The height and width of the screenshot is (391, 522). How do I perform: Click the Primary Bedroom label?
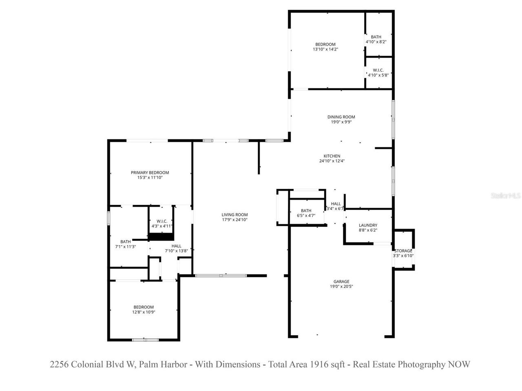tap(150, 172)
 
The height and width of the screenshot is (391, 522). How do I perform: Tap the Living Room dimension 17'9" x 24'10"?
tap(234, 220)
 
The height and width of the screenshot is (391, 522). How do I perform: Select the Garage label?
tap(341, 281)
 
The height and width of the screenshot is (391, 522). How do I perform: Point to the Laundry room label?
tap(368, 225)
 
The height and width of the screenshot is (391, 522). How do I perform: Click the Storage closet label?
tap(403, 250)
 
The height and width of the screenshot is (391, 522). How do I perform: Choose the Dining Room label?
tap(341, 117)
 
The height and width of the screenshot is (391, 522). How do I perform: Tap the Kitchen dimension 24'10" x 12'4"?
tap(332, 161)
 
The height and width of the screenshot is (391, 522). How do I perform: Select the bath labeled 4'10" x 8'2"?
tap(376, 37)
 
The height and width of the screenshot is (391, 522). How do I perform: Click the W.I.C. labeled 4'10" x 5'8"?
tap(378, 70)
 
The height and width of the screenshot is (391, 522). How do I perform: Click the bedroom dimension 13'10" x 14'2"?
tap(325, 49)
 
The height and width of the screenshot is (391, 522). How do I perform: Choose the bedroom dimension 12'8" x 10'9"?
tap(144, 312)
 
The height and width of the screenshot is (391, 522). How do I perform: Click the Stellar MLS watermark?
tap(506, 196)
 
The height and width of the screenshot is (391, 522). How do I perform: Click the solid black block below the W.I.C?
tap(161, 237)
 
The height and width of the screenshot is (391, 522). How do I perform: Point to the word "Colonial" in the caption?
tap(86, 365)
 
